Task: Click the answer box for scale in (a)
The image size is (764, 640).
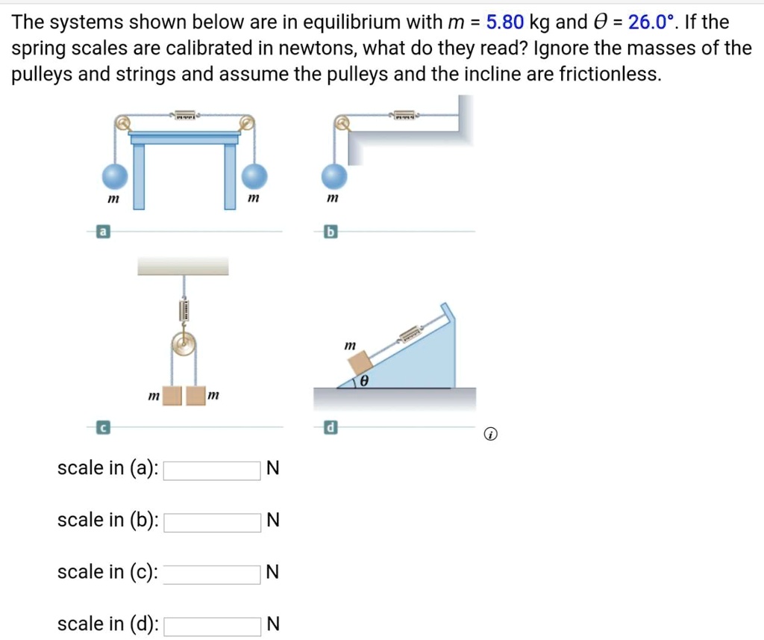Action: [213, 470]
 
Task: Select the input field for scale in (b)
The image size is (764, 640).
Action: [213, 521]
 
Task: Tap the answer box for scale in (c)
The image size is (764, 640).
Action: [213, 574]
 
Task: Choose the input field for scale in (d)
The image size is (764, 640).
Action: [213, 625]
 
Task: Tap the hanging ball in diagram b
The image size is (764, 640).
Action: [334, 178]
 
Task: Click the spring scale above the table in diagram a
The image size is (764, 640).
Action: [185, 116]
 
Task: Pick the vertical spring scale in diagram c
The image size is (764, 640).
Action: [182, 309]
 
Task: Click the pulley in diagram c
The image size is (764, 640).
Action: [182, 344]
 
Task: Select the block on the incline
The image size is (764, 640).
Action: [361, 364]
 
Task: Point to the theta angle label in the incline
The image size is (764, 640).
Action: [364, 381]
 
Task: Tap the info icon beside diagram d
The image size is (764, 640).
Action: [489, 434]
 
